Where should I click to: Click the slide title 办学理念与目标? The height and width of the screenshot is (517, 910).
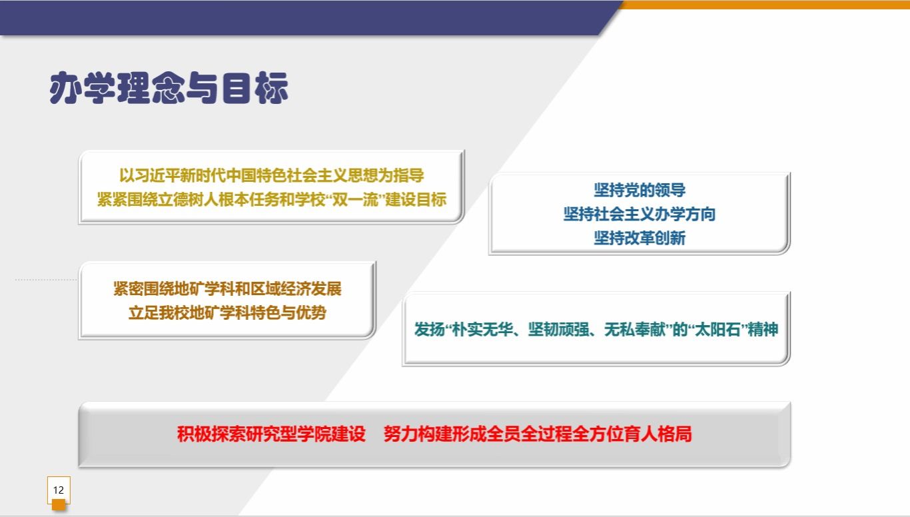coord(169,88)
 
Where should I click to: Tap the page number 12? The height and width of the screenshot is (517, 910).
coord(59,490)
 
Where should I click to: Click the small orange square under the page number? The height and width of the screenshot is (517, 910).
coord(59,505)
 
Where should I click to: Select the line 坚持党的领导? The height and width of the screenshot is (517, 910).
coord(640,190)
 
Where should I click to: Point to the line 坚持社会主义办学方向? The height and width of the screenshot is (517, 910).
coord(640,214)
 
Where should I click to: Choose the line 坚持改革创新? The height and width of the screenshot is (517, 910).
coord(640,238)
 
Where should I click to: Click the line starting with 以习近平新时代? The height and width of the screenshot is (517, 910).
coord(271,175)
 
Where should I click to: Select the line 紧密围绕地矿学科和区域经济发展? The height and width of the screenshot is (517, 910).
coord(227,288)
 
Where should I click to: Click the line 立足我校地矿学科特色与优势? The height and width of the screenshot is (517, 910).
coord(227,312)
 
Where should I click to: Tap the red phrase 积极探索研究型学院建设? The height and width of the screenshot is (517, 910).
coord(271,434)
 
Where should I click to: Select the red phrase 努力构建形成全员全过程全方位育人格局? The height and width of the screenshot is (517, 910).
coord(538,434)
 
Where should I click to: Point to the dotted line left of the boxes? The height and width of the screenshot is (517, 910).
coord(46,280)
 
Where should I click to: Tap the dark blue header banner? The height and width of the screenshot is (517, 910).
coord(300,18)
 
